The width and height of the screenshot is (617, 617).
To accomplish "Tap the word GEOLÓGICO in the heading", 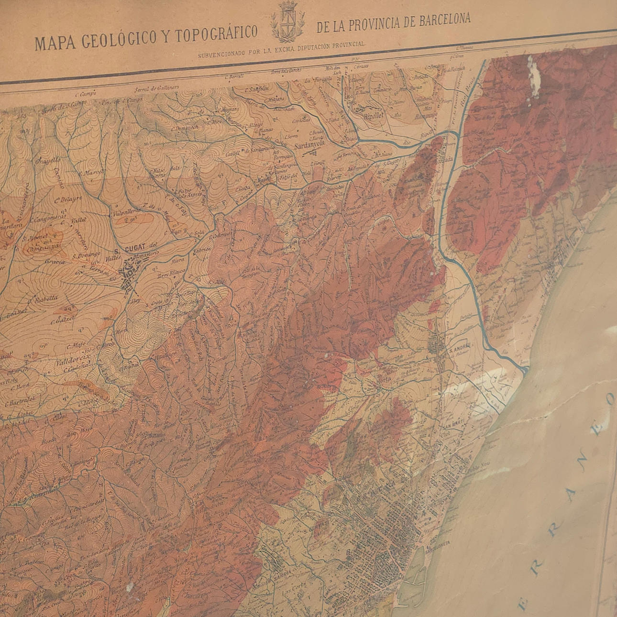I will tap(120, 39).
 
